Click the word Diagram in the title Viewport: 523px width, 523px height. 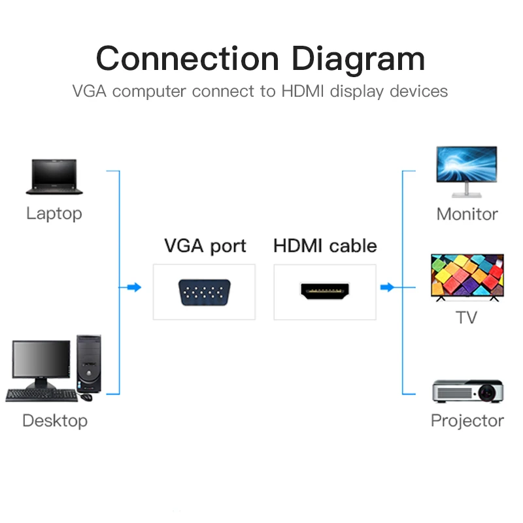(358, 59)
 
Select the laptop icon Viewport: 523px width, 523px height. (54, 177)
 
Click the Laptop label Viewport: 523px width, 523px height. (54, 214)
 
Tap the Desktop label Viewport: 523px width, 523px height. (55, 420)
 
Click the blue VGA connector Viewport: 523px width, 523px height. (204, 292)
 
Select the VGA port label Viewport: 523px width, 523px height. (205, 246)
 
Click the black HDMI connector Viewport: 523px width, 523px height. (325, 291)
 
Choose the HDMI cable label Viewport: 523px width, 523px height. (325, 246)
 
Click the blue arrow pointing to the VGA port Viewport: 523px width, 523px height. (133, 287)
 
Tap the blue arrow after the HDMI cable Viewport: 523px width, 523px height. (388, 287)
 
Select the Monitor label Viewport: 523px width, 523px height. (467, 214)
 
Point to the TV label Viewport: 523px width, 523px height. (466, 318)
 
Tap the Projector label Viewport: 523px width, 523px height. (467, 420)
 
